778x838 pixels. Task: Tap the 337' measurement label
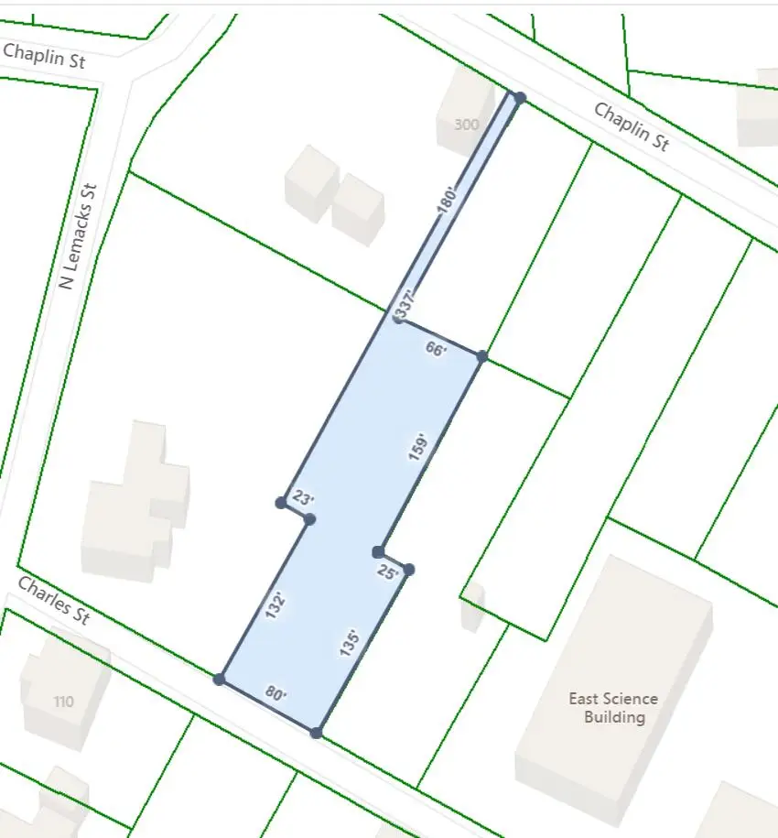point(405,305)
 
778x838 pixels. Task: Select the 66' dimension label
point(437,348)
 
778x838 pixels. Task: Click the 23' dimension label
point(303,499)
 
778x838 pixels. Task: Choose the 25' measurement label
point(388,572)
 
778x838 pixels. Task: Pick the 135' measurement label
point(348,642)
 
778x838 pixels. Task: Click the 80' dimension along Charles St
point(276,694)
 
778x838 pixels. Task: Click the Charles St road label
point(54,601)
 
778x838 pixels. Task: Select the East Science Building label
point(613,708)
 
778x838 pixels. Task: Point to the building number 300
point(466,125)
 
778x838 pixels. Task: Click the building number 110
point(63,702)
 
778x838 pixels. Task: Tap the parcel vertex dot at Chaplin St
point(519,97)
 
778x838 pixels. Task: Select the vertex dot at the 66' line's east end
point(482,355)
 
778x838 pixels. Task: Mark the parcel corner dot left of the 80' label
point(219,679)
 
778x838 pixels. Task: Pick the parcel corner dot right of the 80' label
point(316,733)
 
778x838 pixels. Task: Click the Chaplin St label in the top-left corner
point(44,56)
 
